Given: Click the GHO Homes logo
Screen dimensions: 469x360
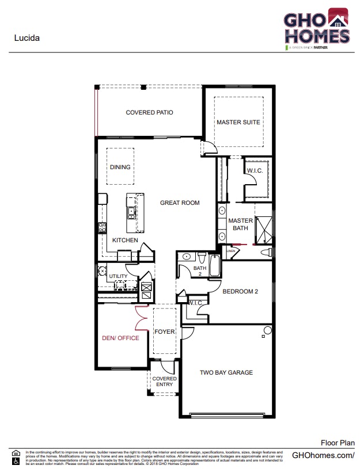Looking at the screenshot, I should [x=316, y=29].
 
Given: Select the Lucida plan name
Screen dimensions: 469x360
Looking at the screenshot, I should [x=26, y=39].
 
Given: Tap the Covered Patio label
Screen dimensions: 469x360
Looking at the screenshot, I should [x=149, y=112].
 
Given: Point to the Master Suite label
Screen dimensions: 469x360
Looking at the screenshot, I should [x=238, y=122].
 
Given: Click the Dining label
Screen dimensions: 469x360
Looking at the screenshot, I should [x=120, y=167].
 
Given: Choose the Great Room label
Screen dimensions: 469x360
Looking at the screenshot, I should [x=180, y=203].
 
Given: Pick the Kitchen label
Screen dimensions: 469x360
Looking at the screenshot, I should [x=125, y=240].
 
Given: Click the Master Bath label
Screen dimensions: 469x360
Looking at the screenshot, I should [x=240, y=224].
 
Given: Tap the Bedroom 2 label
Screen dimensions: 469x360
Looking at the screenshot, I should [x=240, y=292].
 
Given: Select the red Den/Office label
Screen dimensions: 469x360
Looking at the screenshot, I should [x=120, y=338].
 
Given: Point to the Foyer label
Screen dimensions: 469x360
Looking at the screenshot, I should [x=164, y=332].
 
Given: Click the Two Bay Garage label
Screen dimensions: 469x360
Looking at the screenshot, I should [x=226, y=372].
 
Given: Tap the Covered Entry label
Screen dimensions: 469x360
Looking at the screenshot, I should [x=164, y=382].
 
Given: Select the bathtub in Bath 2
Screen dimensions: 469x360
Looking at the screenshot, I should [x=214, y=266].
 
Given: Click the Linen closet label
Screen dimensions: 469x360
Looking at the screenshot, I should [x=231, y=251].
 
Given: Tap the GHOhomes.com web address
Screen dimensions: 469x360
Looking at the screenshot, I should [x=323, y=455].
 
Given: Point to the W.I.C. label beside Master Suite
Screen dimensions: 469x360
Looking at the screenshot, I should [x=255, y=171].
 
